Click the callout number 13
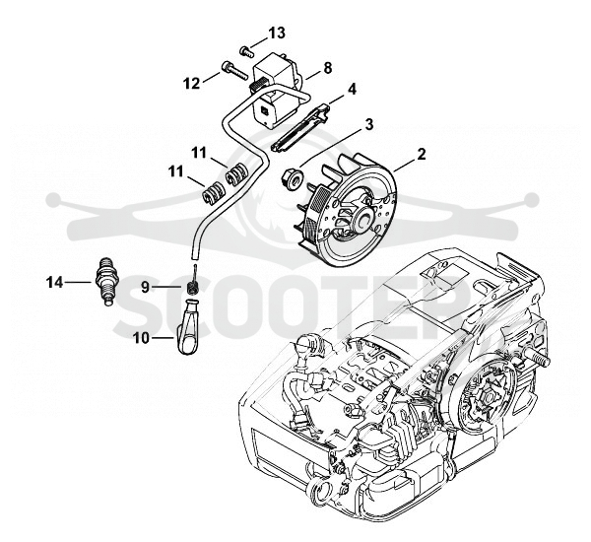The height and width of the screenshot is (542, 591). pos(277,33)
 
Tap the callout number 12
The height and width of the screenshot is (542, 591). pos(192,84)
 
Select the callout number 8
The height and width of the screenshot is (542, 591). pos(328,68)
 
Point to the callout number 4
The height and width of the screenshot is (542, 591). pos(352,90)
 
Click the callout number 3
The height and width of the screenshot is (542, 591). pos(369,124)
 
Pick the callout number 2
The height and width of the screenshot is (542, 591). pos(421,154)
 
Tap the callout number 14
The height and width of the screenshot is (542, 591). pos(54,282)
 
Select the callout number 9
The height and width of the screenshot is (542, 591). pos(146,288)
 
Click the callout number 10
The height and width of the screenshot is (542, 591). pos(141,338)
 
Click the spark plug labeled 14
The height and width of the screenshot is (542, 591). pos(106,281)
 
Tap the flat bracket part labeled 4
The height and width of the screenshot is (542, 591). pos(300,129)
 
